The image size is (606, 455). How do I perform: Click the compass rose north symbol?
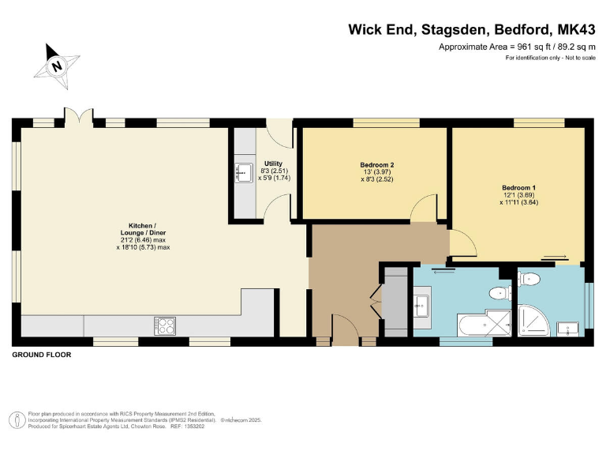pos(57,66)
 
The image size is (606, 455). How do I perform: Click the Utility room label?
pos(273,163)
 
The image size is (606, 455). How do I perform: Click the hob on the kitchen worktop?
pos(164,325)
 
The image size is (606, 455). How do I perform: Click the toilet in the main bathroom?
pos(499,294)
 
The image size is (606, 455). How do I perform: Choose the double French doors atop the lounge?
pos(79,117)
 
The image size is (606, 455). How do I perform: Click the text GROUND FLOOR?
pos(42,355)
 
